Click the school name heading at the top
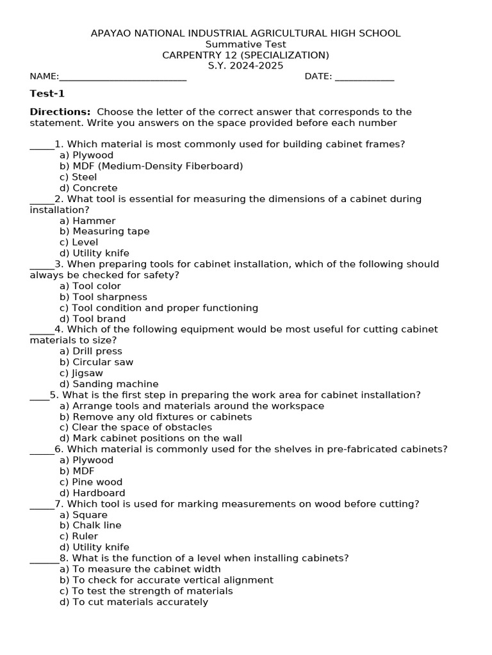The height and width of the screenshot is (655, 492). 245,33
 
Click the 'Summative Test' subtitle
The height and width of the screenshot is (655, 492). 245,44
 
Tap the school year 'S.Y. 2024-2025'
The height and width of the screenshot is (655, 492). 245,66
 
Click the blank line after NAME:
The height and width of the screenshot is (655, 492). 122,77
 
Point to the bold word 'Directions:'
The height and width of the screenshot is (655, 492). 60,112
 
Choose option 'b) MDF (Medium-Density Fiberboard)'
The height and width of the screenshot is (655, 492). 151,166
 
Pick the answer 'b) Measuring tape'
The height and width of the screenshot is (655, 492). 104,232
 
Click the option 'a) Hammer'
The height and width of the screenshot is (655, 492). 87,221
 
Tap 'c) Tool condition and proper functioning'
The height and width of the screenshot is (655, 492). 159,308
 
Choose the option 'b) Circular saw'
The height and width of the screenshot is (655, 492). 96,362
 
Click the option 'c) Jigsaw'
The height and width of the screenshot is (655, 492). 81,373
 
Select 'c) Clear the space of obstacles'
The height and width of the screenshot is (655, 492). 135,427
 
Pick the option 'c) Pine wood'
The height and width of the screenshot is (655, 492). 90,482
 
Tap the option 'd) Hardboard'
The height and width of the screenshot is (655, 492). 92,493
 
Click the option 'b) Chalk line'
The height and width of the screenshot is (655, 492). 90,525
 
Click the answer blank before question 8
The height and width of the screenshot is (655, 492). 44,558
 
